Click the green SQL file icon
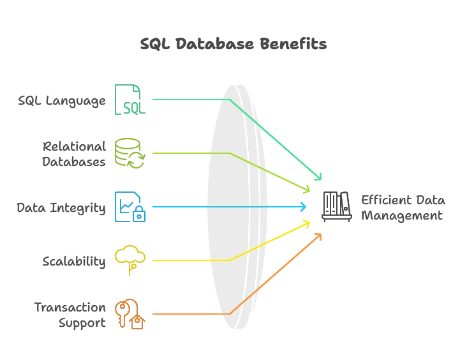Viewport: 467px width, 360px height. (x=130, y=100)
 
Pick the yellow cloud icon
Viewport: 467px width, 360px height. (x=130, y=259)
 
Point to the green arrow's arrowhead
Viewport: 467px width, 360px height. (x=317, y=177)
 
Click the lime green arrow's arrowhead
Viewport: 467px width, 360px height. (x=307, y=188)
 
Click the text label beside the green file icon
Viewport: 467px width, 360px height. (x=61, y=100)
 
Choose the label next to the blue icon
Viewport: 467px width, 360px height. (x=61, y=207)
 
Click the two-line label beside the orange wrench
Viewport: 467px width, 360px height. (x=70, y=313)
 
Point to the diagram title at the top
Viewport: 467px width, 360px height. (x=234, y=45)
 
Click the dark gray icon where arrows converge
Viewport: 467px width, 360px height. (x=336, y=206)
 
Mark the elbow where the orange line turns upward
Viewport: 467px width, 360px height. (x=230, y=313)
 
